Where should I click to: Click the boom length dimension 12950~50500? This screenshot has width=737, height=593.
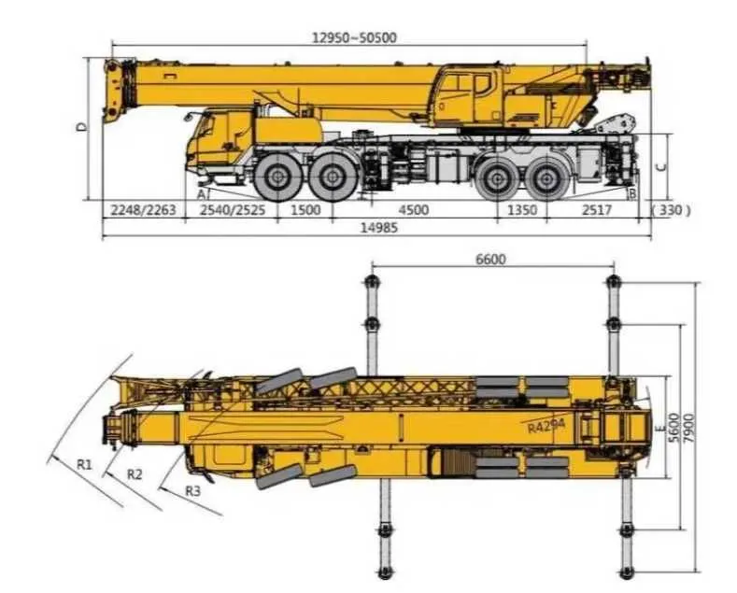[354, 37]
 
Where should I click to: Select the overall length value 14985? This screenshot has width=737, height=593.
[379, 228]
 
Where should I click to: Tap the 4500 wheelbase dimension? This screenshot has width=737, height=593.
[413, 209]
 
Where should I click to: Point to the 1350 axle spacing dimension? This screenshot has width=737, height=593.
[522, 209]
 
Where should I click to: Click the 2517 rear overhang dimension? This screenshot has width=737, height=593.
[597, 209]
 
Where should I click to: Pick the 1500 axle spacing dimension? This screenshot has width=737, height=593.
[305, 209]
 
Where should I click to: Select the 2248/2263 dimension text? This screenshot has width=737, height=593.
[143, 209]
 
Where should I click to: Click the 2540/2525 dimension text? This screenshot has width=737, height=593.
[233, 209]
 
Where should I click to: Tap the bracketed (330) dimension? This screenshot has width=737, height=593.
[671, 210]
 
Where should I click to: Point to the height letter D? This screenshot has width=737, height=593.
[82, 126]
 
